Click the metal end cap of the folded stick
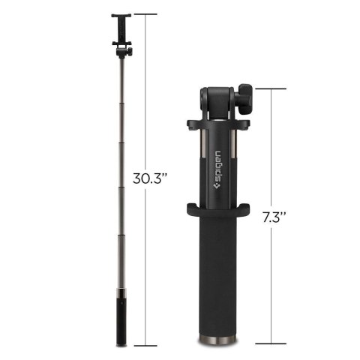220,341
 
